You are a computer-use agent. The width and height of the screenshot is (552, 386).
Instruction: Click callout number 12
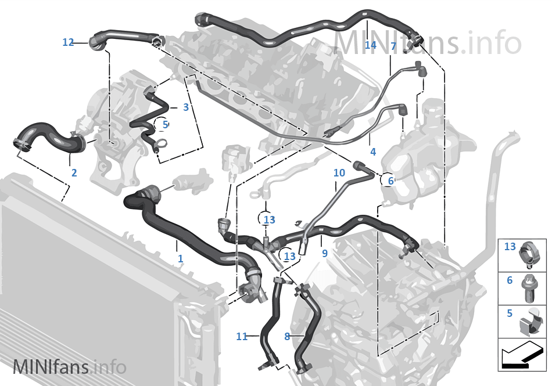[x=68, y=42]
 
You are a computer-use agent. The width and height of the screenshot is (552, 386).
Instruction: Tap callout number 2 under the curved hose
[x=74, y=172]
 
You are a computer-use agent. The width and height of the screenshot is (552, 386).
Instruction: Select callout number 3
[x=185, y=107]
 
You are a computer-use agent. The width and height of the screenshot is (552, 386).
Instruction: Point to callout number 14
[x=371, y=45]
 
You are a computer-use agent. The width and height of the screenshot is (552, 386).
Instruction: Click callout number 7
[x=393, y=46]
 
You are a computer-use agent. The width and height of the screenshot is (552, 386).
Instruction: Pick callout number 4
[x=372, y=152]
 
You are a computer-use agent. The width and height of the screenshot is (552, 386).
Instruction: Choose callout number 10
[x=339, y=173]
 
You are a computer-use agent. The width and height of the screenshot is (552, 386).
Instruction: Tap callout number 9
[x=324, y=253]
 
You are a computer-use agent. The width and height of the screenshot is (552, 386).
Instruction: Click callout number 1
[x=180, y=258]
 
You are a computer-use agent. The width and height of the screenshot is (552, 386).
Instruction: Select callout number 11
[x=242, y=336]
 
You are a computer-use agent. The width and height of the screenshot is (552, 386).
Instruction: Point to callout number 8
[x=287, y=336]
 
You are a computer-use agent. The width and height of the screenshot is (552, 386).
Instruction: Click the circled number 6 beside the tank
[x=390, y=181]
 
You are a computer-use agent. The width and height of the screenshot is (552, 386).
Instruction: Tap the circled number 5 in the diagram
[x=165, y=124]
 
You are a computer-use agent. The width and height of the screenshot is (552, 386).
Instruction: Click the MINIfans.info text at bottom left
[x=69, y=367]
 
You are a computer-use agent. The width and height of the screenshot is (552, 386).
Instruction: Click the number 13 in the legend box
[x=510, y=247]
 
